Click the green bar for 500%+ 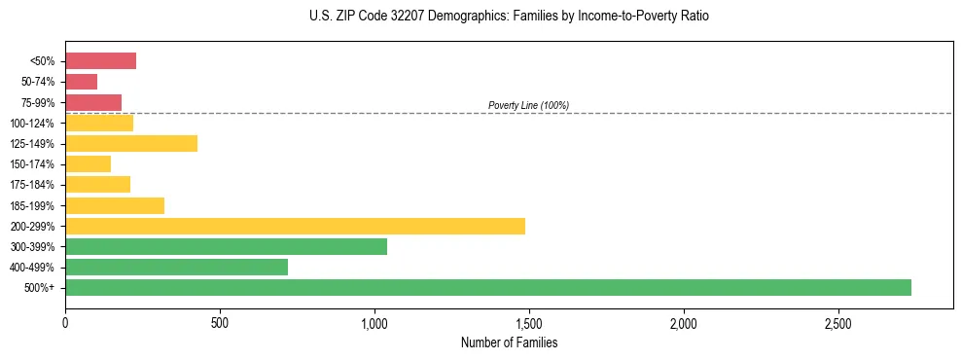click(487, 287)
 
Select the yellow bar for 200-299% click(295, 226)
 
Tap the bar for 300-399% click(226, 246)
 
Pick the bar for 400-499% click(176, 267)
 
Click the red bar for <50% click(100, 61)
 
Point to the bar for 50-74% click(81, 82)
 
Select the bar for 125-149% click(131, 143)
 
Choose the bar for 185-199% click(115, 205)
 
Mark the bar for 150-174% click(88, 163)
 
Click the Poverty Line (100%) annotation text click(528, 105)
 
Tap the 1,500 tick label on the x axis click(528, 322)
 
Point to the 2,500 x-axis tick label click(837, 322)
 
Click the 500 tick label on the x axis click(220, 322)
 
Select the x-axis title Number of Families click(509, 342)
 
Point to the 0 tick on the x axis click(65, 322)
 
